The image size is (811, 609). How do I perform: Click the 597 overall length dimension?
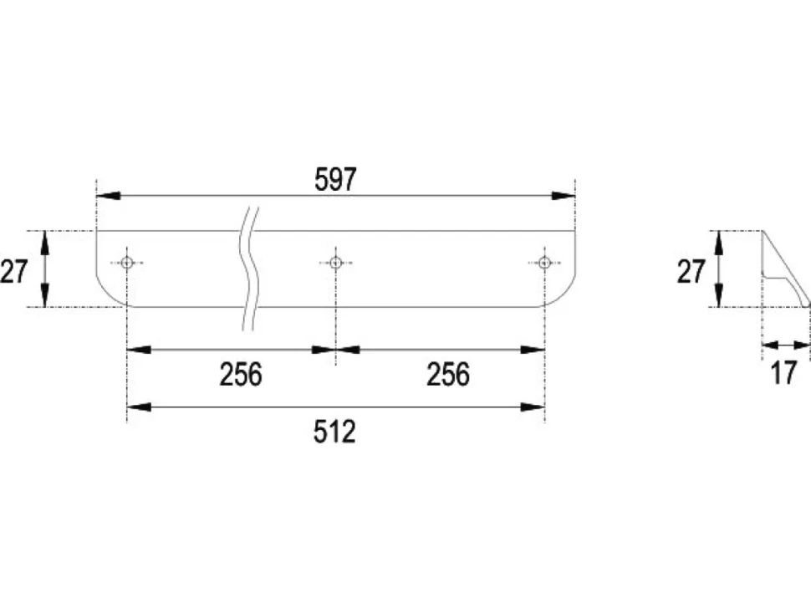tap(335, 180)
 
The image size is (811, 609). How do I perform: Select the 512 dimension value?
tap(334, 432)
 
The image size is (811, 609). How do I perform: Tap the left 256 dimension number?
tap(241, 374)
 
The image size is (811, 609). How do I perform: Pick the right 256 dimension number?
tap(448, 374)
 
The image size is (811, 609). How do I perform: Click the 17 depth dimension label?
tap(783, 372)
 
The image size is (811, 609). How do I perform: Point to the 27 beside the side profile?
tap(691, 271)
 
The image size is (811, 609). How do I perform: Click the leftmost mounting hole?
tap(127, 263)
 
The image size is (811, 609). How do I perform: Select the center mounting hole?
tap(335, 263)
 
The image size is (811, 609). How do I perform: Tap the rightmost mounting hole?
tap(544, 263)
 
